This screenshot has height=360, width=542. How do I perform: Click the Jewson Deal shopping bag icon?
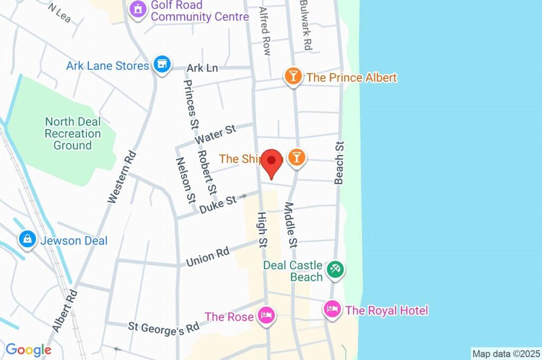coord(26,240)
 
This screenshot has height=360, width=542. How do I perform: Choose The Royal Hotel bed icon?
coord(332,309)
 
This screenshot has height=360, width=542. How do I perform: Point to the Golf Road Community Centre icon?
coord(138,9)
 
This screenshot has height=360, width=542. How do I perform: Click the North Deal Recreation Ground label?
coord(73,133)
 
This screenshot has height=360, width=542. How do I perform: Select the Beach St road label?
coord(339,163)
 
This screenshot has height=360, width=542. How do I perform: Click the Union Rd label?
coord(207,257)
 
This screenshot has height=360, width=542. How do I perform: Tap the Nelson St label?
coord(186,181)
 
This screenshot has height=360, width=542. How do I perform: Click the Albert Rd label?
coord(65,310)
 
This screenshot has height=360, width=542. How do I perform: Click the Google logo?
coord(28,350)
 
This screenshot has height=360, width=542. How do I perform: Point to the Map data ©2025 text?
coord(506,354)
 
